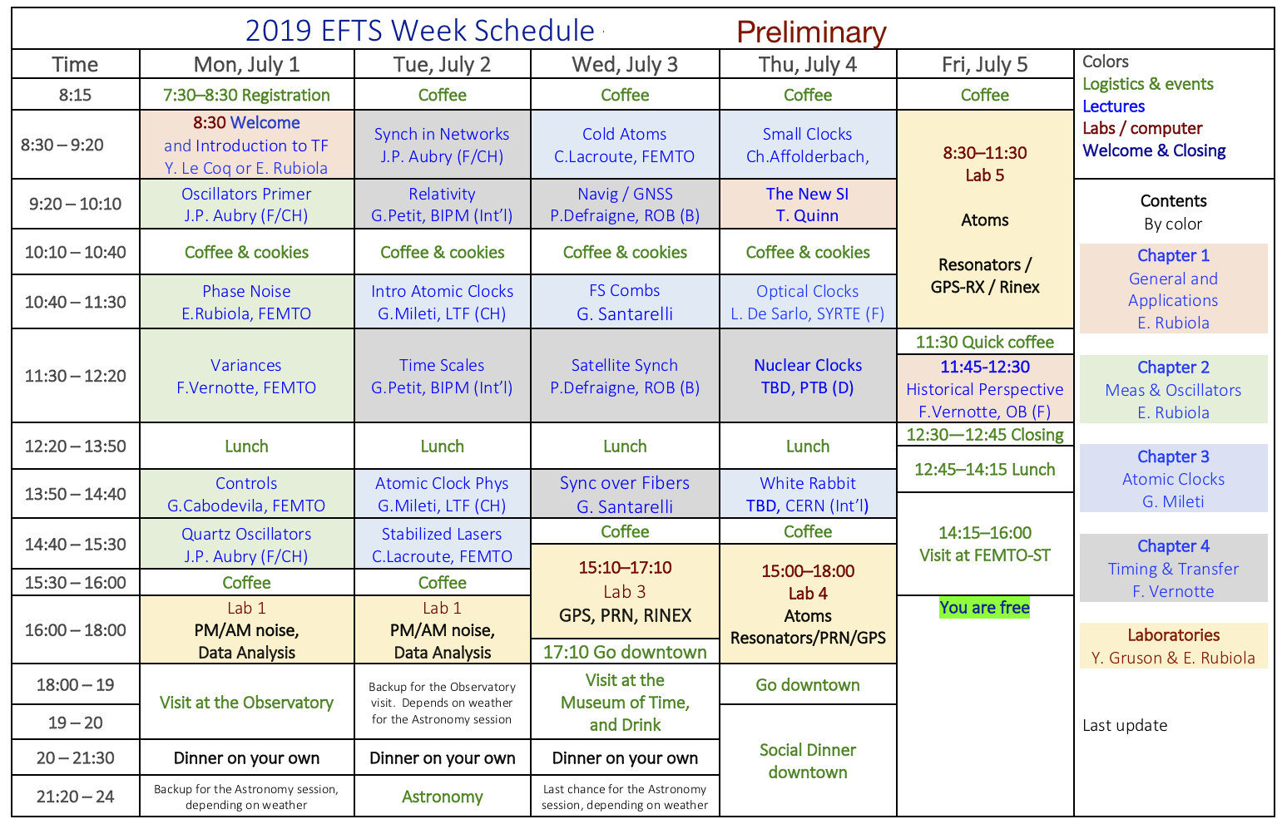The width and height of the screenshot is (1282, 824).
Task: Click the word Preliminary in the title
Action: [811, 32]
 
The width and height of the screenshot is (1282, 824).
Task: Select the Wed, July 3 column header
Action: [625, 64]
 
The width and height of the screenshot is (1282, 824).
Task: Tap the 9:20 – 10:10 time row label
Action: [76, 204]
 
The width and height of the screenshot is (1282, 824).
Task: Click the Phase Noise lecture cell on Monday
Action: [247, 302]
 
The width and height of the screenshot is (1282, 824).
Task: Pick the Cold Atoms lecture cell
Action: [625, 145]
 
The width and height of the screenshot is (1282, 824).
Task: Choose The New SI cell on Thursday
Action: [808, 205]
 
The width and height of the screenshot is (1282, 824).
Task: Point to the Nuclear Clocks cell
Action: [808, 376]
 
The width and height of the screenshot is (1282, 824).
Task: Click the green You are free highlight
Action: [984, 607]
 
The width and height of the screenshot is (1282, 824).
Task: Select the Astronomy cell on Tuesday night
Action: [443, 796]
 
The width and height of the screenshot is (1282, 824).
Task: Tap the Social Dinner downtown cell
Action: [808, 761]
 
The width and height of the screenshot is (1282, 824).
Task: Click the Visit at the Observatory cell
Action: [247, 702]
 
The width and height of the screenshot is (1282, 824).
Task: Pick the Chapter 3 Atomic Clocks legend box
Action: [1173, 479]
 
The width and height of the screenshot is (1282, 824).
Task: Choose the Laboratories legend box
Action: [1173, 646]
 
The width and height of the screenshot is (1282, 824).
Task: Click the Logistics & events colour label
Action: [1147, 84]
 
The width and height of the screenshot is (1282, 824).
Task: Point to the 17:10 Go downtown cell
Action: [625, 651]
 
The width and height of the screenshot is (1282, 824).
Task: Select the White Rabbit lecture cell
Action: [808, 494]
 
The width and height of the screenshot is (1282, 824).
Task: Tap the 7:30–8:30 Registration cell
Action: [247, 94]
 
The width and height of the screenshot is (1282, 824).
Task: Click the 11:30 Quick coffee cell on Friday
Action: [984, 342]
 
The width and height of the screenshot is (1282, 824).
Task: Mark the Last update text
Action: [1125, 725]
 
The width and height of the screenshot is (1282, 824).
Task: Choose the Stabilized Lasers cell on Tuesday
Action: [443, 545]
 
